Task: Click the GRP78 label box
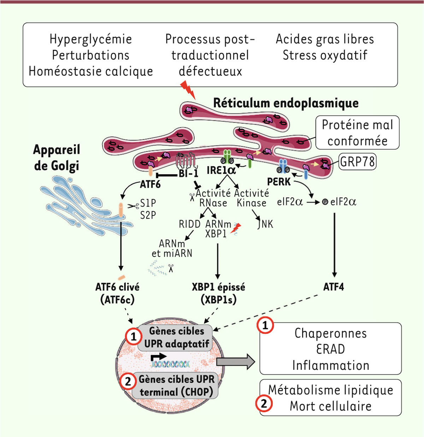357,162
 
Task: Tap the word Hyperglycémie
90,39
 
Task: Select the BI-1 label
189,173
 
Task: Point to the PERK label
279,181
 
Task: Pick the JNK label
265,224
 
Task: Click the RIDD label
189,224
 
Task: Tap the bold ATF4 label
334,287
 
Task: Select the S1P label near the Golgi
148,203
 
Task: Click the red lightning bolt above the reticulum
188,90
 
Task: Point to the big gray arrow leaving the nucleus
236,361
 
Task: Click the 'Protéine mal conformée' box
358,132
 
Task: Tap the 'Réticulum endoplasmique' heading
286,103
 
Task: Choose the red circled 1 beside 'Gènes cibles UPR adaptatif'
134,337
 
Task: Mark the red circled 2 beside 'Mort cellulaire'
264,403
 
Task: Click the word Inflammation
331,365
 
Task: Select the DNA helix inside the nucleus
171,364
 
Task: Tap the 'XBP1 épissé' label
218,287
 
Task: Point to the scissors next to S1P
133,205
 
